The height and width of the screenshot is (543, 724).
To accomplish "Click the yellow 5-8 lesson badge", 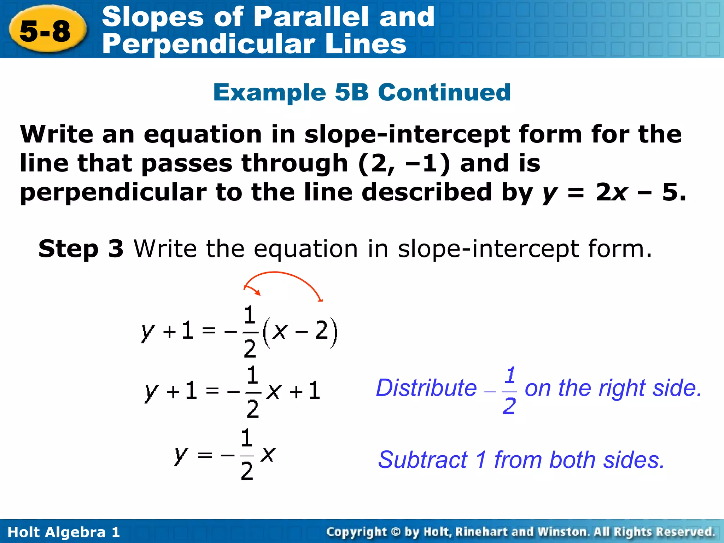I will click(x=46, y=31).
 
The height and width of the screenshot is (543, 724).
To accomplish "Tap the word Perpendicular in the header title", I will click(x=208, y=44).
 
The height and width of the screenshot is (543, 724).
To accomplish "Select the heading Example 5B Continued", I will click(x=362, y=92).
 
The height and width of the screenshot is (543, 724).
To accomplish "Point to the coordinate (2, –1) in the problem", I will click(x=404, y=163).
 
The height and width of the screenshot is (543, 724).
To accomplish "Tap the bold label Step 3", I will click(x=81, y=249).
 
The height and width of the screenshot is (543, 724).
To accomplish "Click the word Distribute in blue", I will click(x=426, y=388).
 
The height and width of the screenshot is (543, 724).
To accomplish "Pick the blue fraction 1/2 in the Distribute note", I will click(x=509, y=390).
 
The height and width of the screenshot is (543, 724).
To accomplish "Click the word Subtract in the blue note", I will click(x=422, y=460).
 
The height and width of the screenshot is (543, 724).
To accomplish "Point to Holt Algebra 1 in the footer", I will click(x=64, y=532).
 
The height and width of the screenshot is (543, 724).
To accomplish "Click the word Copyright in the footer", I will click(x=356, y=532).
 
